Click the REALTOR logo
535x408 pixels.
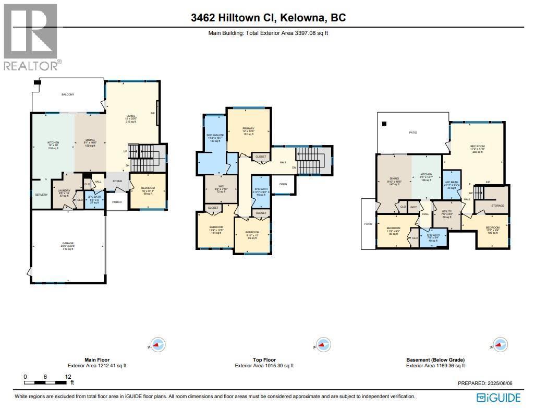click(x=31, y=37)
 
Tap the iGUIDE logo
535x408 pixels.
click(x=499, y=398)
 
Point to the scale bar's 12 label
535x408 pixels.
click(x=68, y=377)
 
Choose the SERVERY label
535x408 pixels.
click(x=41, y=195)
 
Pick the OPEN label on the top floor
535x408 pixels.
click(x=283, y=184)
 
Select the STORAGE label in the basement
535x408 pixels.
click(x=497, y=206)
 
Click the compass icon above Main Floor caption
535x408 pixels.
click(x=159, y=344)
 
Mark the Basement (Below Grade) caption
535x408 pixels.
click(x=435, y=360)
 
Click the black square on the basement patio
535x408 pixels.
click(x=384, y=124)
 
